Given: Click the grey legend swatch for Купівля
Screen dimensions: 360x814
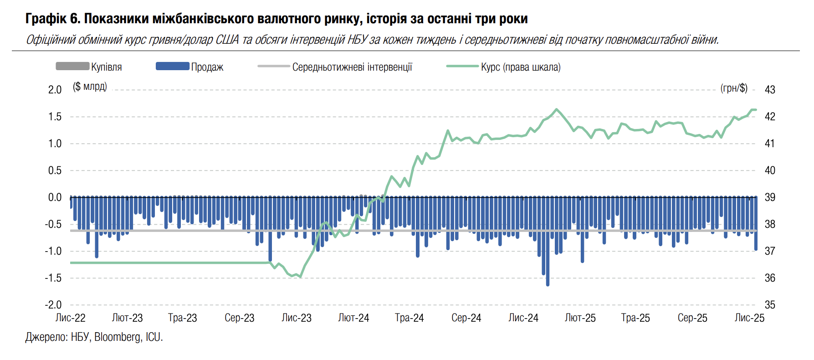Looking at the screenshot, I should pos(72,67).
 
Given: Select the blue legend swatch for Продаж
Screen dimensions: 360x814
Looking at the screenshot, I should pos(172,67).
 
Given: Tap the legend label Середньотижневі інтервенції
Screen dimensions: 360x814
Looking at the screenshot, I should pos(352,67).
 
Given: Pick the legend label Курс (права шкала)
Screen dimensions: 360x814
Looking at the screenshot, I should pos(521,67).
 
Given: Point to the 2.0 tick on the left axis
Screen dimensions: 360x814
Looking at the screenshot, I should pos(55,90).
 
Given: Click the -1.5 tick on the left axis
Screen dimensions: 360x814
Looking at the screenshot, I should pos(53,278).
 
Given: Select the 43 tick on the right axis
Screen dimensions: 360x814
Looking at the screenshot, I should pos(770,90).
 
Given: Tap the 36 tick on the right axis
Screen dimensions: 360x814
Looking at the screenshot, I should pos(770,278).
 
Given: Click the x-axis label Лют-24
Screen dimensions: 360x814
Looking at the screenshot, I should pos(353,318).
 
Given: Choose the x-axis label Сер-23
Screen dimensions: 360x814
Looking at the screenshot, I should pos(239,318).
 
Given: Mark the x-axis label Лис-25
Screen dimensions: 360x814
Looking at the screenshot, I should pos(749,318).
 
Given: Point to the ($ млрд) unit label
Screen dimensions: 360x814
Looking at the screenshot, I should pos(90,87).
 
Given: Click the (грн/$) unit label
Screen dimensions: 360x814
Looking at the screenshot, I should pos(734,88).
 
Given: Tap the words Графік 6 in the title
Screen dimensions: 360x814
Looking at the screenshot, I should pos(52,19).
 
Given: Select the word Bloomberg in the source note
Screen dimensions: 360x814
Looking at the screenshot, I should pos(118,337).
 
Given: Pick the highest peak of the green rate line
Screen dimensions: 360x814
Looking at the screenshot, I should pos(556,109).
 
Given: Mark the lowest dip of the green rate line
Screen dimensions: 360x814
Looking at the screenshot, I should pos(300,277).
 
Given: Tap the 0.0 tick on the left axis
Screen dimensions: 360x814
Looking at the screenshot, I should pos(55,197).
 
